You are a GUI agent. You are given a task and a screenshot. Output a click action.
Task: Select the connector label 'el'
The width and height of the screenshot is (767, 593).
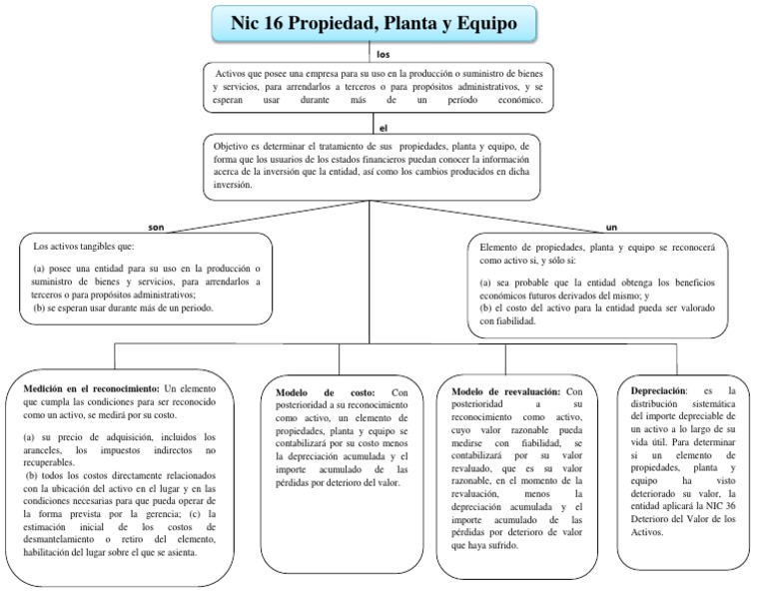383,127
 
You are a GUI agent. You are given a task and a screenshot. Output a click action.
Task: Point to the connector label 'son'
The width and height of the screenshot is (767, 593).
156,226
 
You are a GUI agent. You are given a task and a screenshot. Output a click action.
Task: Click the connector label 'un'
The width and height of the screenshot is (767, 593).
611,226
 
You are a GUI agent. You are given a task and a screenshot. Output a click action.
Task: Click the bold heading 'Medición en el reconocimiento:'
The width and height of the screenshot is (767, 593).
90,387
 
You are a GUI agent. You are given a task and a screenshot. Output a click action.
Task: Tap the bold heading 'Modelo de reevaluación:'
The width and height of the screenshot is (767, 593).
505,391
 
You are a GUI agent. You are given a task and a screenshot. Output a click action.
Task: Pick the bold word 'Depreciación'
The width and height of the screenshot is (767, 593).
658,391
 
